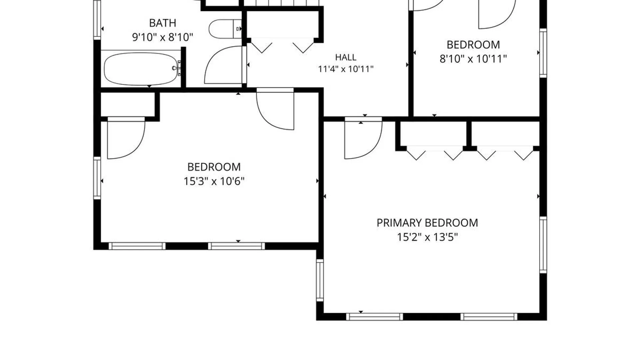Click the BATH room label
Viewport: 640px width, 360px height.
[x=162, y=23]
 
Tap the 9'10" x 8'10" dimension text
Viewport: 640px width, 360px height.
[x=163, y=37]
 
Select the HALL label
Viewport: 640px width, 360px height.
[x=346, y=57]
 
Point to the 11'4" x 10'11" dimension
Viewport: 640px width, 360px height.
[x=346, y=69]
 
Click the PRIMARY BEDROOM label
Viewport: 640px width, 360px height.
[x=427, y=223]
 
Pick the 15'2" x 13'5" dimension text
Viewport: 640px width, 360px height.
[x=427, y=237]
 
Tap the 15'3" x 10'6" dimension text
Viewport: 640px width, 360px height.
[x=214, y=181]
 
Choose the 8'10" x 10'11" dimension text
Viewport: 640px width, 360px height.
[x=473, y=59]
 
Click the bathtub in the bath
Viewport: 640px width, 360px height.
[x=141, y=69]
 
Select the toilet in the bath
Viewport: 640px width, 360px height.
[x=225, y=29]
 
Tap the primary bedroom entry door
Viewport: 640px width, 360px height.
[x=363, y=138]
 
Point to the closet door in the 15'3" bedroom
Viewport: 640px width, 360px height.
[x=126, y=138]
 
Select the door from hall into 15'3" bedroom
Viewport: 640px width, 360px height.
[x=275, y=109]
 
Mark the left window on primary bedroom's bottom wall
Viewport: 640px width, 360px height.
[x=375, y=317]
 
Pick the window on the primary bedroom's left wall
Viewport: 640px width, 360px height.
[x=320, y=280]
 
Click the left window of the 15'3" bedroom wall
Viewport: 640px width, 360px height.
[x=97, y=178]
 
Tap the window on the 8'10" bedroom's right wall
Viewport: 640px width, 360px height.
[x=543, y=53]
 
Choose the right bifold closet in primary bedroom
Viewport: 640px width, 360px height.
[x=505, y=153]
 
